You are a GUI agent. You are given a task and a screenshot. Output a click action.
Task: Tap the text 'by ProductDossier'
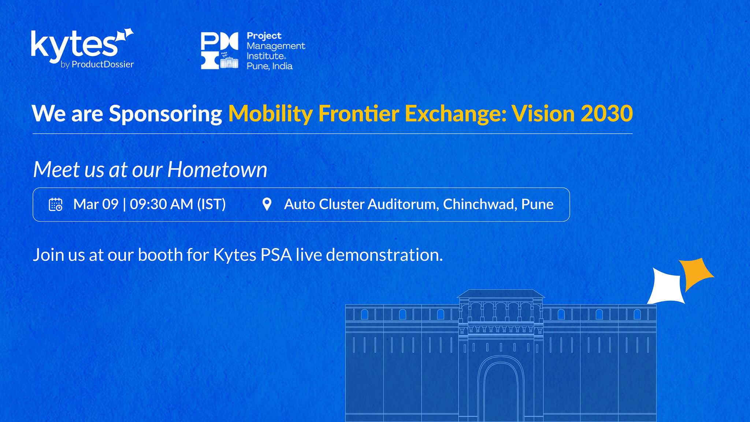pyautogui.click(x=97, y=64)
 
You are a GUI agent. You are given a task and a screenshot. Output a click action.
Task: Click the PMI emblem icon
pyautogui.click(x=219, y=51)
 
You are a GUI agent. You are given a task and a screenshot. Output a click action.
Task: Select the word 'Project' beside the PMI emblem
pyautogui.click(x=264, y=36)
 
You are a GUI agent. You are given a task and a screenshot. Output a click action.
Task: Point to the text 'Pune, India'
pyautogui.click(x=270, y=66)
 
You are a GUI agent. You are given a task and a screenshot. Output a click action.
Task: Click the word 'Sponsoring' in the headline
pyautogui.click(x=166, y=114)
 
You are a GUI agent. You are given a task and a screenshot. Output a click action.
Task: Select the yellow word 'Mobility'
pyautogui.click(x=270, y=114)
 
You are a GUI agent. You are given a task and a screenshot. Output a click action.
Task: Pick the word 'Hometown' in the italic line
pyautogui.click(x=218, y=170)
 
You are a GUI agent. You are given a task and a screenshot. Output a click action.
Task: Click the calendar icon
pyautogui.click(x=56, y=204)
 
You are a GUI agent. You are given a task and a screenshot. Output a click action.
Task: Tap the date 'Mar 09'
pyautogui.click(x=96, y=204)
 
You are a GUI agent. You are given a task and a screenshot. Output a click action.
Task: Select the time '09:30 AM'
pyautogui.click(x=161, y=204)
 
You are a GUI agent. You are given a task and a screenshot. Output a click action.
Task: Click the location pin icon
pyautogui.click(x=267, y=204)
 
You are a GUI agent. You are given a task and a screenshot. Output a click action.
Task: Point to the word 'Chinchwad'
pyautogui.click(x=480, y=204)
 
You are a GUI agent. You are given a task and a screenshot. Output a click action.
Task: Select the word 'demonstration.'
pyautogui.click(x=385, y=255)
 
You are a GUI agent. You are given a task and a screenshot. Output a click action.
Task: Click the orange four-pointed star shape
pyautogui.click(x=695, y=273)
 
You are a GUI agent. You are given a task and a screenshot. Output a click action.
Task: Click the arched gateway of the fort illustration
pyautogui.click(x=501, y=388)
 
